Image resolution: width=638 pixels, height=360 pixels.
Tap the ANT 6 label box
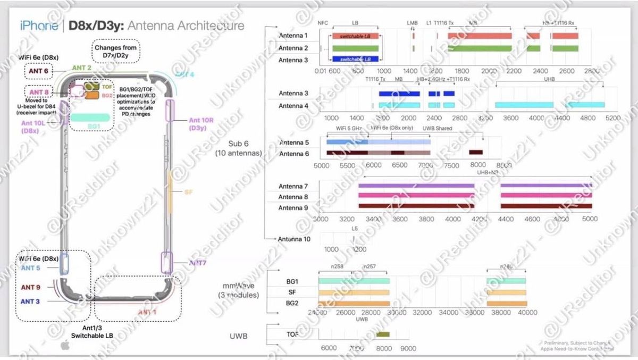click(x=38, y=71)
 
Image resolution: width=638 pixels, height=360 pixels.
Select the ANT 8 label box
click(x=38, y=92)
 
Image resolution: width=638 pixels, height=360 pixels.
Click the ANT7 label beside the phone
click(x=197, y=263)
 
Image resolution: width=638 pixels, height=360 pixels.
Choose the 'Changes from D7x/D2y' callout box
click(x=116, y=52)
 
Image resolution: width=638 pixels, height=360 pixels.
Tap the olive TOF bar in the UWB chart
click(x=383, y=334)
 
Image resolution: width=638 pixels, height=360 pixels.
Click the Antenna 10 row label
click(x=294, y=239)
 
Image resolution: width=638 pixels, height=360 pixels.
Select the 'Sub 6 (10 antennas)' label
click(x=238, y=148)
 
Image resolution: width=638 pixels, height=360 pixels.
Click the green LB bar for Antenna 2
click(x=358, y=48)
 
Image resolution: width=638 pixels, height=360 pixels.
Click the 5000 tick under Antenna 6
click(x=322, y=165)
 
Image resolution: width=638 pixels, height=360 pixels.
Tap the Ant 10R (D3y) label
click(x=200, y=124)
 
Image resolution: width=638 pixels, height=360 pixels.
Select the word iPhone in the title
click(x=39, y=26)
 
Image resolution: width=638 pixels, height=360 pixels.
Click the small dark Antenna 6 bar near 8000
click(x=476, y=153)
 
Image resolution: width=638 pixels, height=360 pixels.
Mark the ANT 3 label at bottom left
click(x=31, y=302)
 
